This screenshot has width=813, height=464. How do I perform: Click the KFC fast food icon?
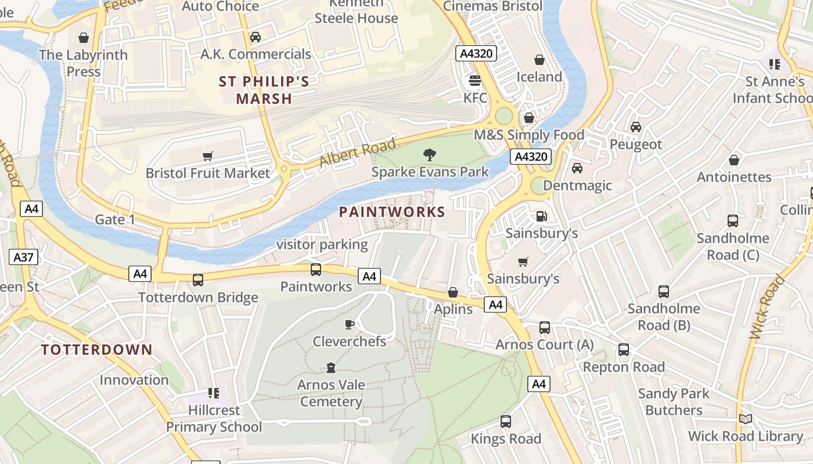pos(475,80)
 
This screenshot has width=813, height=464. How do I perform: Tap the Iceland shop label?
pos(539,77)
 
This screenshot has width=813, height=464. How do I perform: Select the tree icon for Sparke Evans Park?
pos(430,154)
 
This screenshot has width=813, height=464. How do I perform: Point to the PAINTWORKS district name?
pos(392,212)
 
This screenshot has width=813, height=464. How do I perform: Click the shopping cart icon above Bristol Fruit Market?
pos(207,155)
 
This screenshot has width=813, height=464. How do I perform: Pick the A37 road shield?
pos(23,257)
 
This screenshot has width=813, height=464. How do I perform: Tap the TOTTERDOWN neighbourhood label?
pos(96,350)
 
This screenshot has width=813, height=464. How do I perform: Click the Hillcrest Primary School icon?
pos(213,393)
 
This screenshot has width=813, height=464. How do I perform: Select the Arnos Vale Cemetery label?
pos(331,393)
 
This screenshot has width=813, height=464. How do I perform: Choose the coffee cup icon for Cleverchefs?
pos(350,324)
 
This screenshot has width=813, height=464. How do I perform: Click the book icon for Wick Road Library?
pos(746,419)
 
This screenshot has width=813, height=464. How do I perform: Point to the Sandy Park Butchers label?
pos(674,401)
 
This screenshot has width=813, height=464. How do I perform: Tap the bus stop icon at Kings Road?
pos(506,421)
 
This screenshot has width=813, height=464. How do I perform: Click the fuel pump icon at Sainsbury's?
pos(541,216)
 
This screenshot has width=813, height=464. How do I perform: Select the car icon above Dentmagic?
pos(577,168)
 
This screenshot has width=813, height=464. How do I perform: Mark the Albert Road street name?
pos(358,152)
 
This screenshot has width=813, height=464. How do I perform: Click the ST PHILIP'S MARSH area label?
pos(264,90)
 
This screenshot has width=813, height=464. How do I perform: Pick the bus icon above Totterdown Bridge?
pos(198,280)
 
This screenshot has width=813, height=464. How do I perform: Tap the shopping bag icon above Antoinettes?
pos(734,160)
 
